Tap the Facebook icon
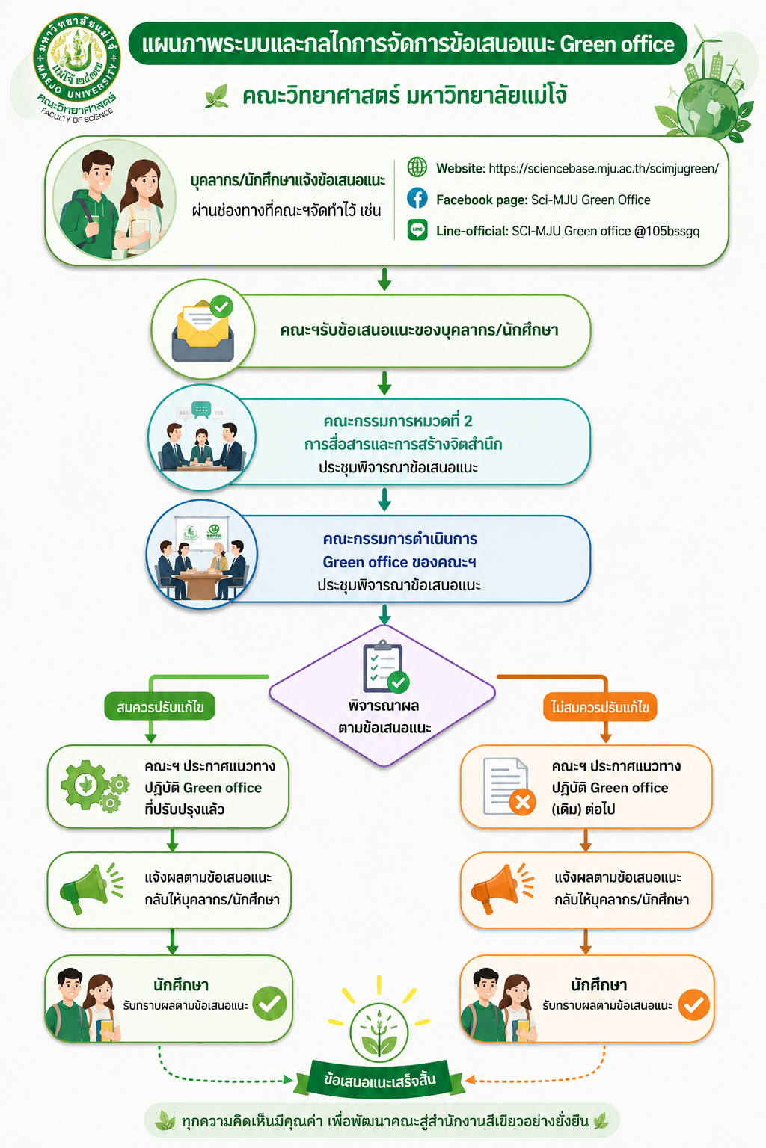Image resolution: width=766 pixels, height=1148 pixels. click(x=417, y=198)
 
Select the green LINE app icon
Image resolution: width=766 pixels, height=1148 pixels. click(x=417, y=230)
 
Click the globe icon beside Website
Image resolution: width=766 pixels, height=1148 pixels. click(x=417, y=167)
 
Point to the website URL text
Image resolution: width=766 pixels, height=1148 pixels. click(x=604, y=169)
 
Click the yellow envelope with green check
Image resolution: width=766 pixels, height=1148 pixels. click(x=203, y=330)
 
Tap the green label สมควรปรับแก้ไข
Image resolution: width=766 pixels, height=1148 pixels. click(x=159, y=707)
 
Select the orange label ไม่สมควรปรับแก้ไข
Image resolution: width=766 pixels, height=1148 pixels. click(x=600, y=707)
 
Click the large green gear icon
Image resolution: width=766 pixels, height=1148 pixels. click(x=85, y=785)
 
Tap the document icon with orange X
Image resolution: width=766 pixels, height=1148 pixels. click(x=509, y=786)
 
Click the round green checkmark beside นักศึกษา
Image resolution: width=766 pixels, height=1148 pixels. click(x=269, y=1003)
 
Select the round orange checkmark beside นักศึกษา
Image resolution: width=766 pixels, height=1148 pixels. click(x=693, y=1004)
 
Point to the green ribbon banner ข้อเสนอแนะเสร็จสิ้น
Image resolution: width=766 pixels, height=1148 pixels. click(x=380, y=1079)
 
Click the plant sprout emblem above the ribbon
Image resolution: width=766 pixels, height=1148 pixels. click(x=379, y=1033)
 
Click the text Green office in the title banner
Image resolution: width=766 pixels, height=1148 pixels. click(x=616, y=45)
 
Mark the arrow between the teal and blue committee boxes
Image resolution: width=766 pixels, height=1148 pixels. click(x=384, y=499)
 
